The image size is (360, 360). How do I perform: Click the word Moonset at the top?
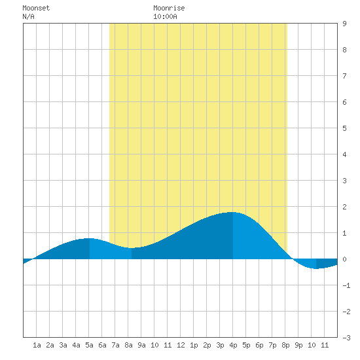click(x=36, y=8)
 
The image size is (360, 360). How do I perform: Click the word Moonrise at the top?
click(x=169, y=8)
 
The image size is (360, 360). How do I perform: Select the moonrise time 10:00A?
click(x=165, y=16)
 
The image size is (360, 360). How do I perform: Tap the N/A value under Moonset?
click(x=28, y=16)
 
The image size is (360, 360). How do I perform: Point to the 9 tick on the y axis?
click(x=344, y=24)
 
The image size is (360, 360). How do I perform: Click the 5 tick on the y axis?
click(x=344, y=128)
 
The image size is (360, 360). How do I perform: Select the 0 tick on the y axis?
click(x=344, y=259)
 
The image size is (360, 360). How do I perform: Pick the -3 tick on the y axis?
click(x=346, y=338)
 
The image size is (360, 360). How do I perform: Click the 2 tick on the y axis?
click(x=344, y=207)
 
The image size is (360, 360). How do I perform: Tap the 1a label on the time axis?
click(x=37, y=345)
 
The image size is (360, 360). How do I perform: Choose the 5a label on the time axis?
click(x=89, y=345)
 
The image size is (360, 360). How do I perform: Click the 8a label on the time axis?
click(x=128, y=345)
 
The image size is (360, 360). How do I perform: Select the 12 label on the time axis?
click(x=181, y=345)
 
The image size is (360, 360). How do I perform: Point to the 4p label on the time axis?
click(x=233, y=345)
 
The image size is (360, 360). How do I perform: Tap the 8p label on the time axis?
click(x=285, y=345)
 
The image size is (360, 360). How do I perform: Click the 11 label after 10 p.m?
click(x=325, y=345)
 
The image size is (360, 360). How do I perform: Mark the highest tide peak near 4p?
click(x=233, y=212)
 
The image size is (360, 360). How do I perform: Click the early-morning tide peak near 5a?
click(x=89, y=238)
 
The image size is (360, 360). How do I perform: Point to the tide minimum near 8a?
click(x=132, y=248)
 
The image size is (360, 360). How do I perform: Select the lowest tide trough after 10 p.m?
click(x=316, y=268)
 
